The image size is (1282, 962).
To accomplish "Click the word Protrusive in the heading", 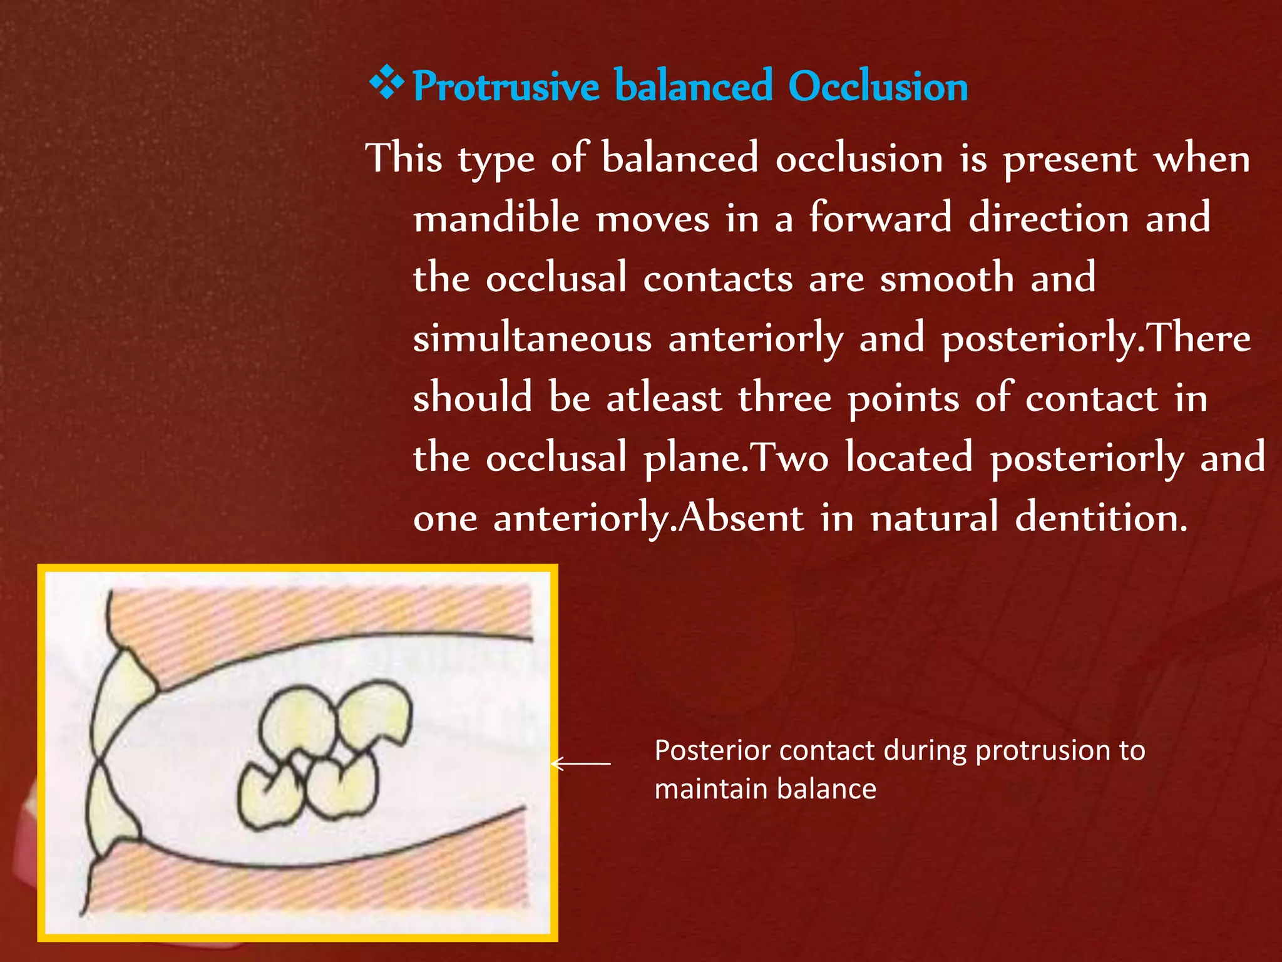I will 506,86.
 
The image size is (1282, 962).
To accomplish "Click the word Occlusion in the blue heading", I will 878,86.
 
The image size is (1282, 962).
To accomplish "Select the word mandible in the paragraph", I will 496,219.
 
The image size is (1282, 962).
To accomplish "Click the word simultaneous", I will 532,339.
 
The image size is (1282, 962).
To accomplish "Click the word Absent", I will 742,519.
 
